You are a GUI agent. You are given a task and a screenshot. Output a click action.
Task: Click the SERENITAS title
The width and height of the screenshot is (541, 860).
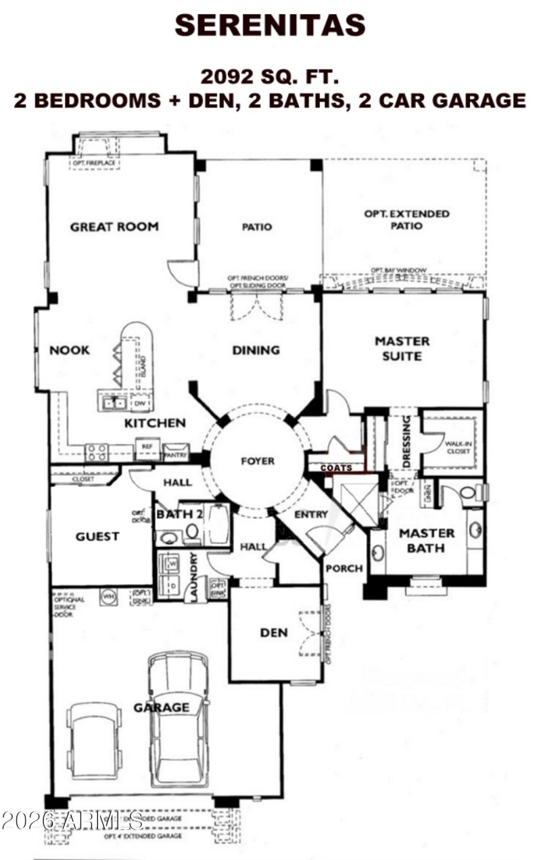pos(270,25)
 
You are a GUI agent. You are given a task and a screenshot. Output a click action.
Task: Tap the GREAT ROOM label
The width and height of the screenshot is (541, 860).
pos(114,226)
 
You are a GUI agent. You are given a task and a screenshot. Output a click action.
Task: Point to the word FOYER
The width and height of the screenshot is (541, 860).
pos(258,461)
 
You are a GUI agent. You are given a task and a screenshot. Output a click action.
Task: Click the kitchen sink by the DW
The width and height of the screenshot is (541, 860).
pos(113,403)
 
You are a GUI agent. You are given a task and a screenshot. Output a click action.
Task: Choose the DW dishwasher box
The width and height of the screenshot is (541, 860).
pos(141,404)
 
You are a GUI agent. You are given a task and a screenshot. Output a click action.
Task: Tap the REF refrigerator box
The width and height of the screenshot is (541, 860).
pos(145,448)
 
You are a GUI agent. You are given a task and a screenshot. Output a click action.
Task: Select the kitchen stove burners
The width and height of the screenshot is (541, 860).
pos(96,452)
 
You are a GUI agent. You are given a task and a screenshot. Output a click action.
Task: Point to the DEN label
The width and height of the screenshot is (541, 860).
pos(274,633)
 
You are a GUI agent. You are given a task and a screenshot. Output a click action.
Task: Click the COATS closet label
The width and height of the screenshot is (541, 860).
pos(336,468)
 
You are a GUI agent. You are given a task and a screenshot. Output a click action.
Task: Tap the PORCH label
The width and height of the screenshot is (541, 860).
pos(344,568)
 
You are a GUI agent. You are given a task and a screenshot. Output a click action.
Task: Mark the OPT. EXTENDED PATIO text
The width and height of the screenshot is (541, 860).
pos(406,220)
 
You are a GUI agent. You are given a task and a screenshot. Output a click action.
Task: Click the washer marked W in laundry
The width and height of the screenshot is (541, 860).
pos(170,562)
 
